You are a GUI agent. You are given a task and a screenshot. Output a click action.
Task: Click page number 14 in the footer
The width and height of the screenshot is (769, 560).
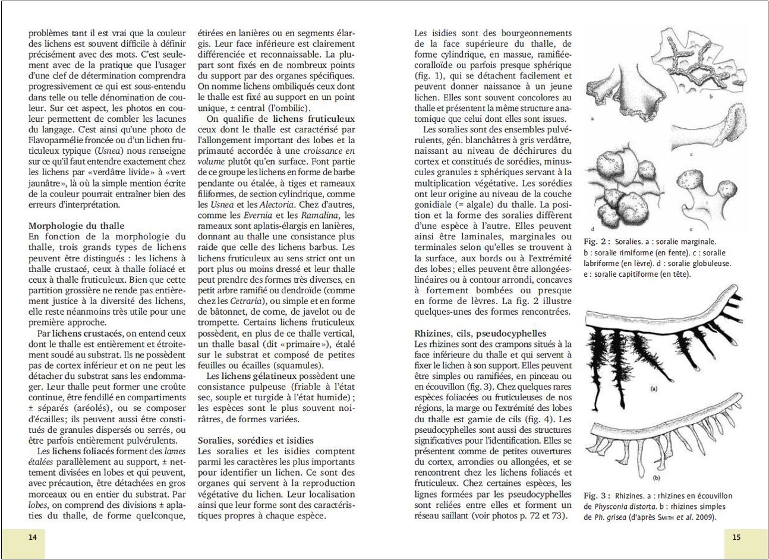coord(33,537)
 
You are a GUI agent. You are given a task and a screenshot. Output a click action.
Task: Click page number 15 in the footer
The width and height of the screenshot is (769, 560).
coord(736,537)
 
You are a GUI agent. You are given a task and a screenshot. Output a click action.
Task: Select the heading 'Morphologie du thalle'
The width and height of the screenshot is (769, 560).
coord(77,226)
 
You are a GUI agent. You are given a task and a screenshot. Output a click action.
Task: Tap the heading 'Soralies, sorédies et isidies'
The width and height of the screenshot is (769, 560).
coord(256,440)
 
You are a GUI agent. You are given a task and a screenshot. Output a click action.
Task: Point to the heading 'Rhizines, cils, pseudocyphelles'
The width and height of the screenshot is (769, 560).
coord(480,333)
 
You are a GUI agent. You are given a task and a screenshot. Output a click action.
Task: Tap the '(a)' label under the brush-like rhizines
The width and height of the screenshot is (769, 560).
coord(654,390)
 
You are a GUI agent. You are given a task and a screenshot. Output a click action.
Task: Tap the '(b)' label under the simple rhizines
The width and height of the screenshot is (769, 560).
coord(657,477)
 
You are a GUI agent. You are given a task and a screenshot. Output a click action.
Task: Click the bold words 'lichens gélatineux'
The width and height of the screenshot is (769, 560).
coord(258,376)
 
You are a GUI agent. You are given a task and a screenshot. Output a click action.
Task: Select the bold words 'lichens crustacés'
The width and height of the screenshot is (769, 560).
coord(87,333)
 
